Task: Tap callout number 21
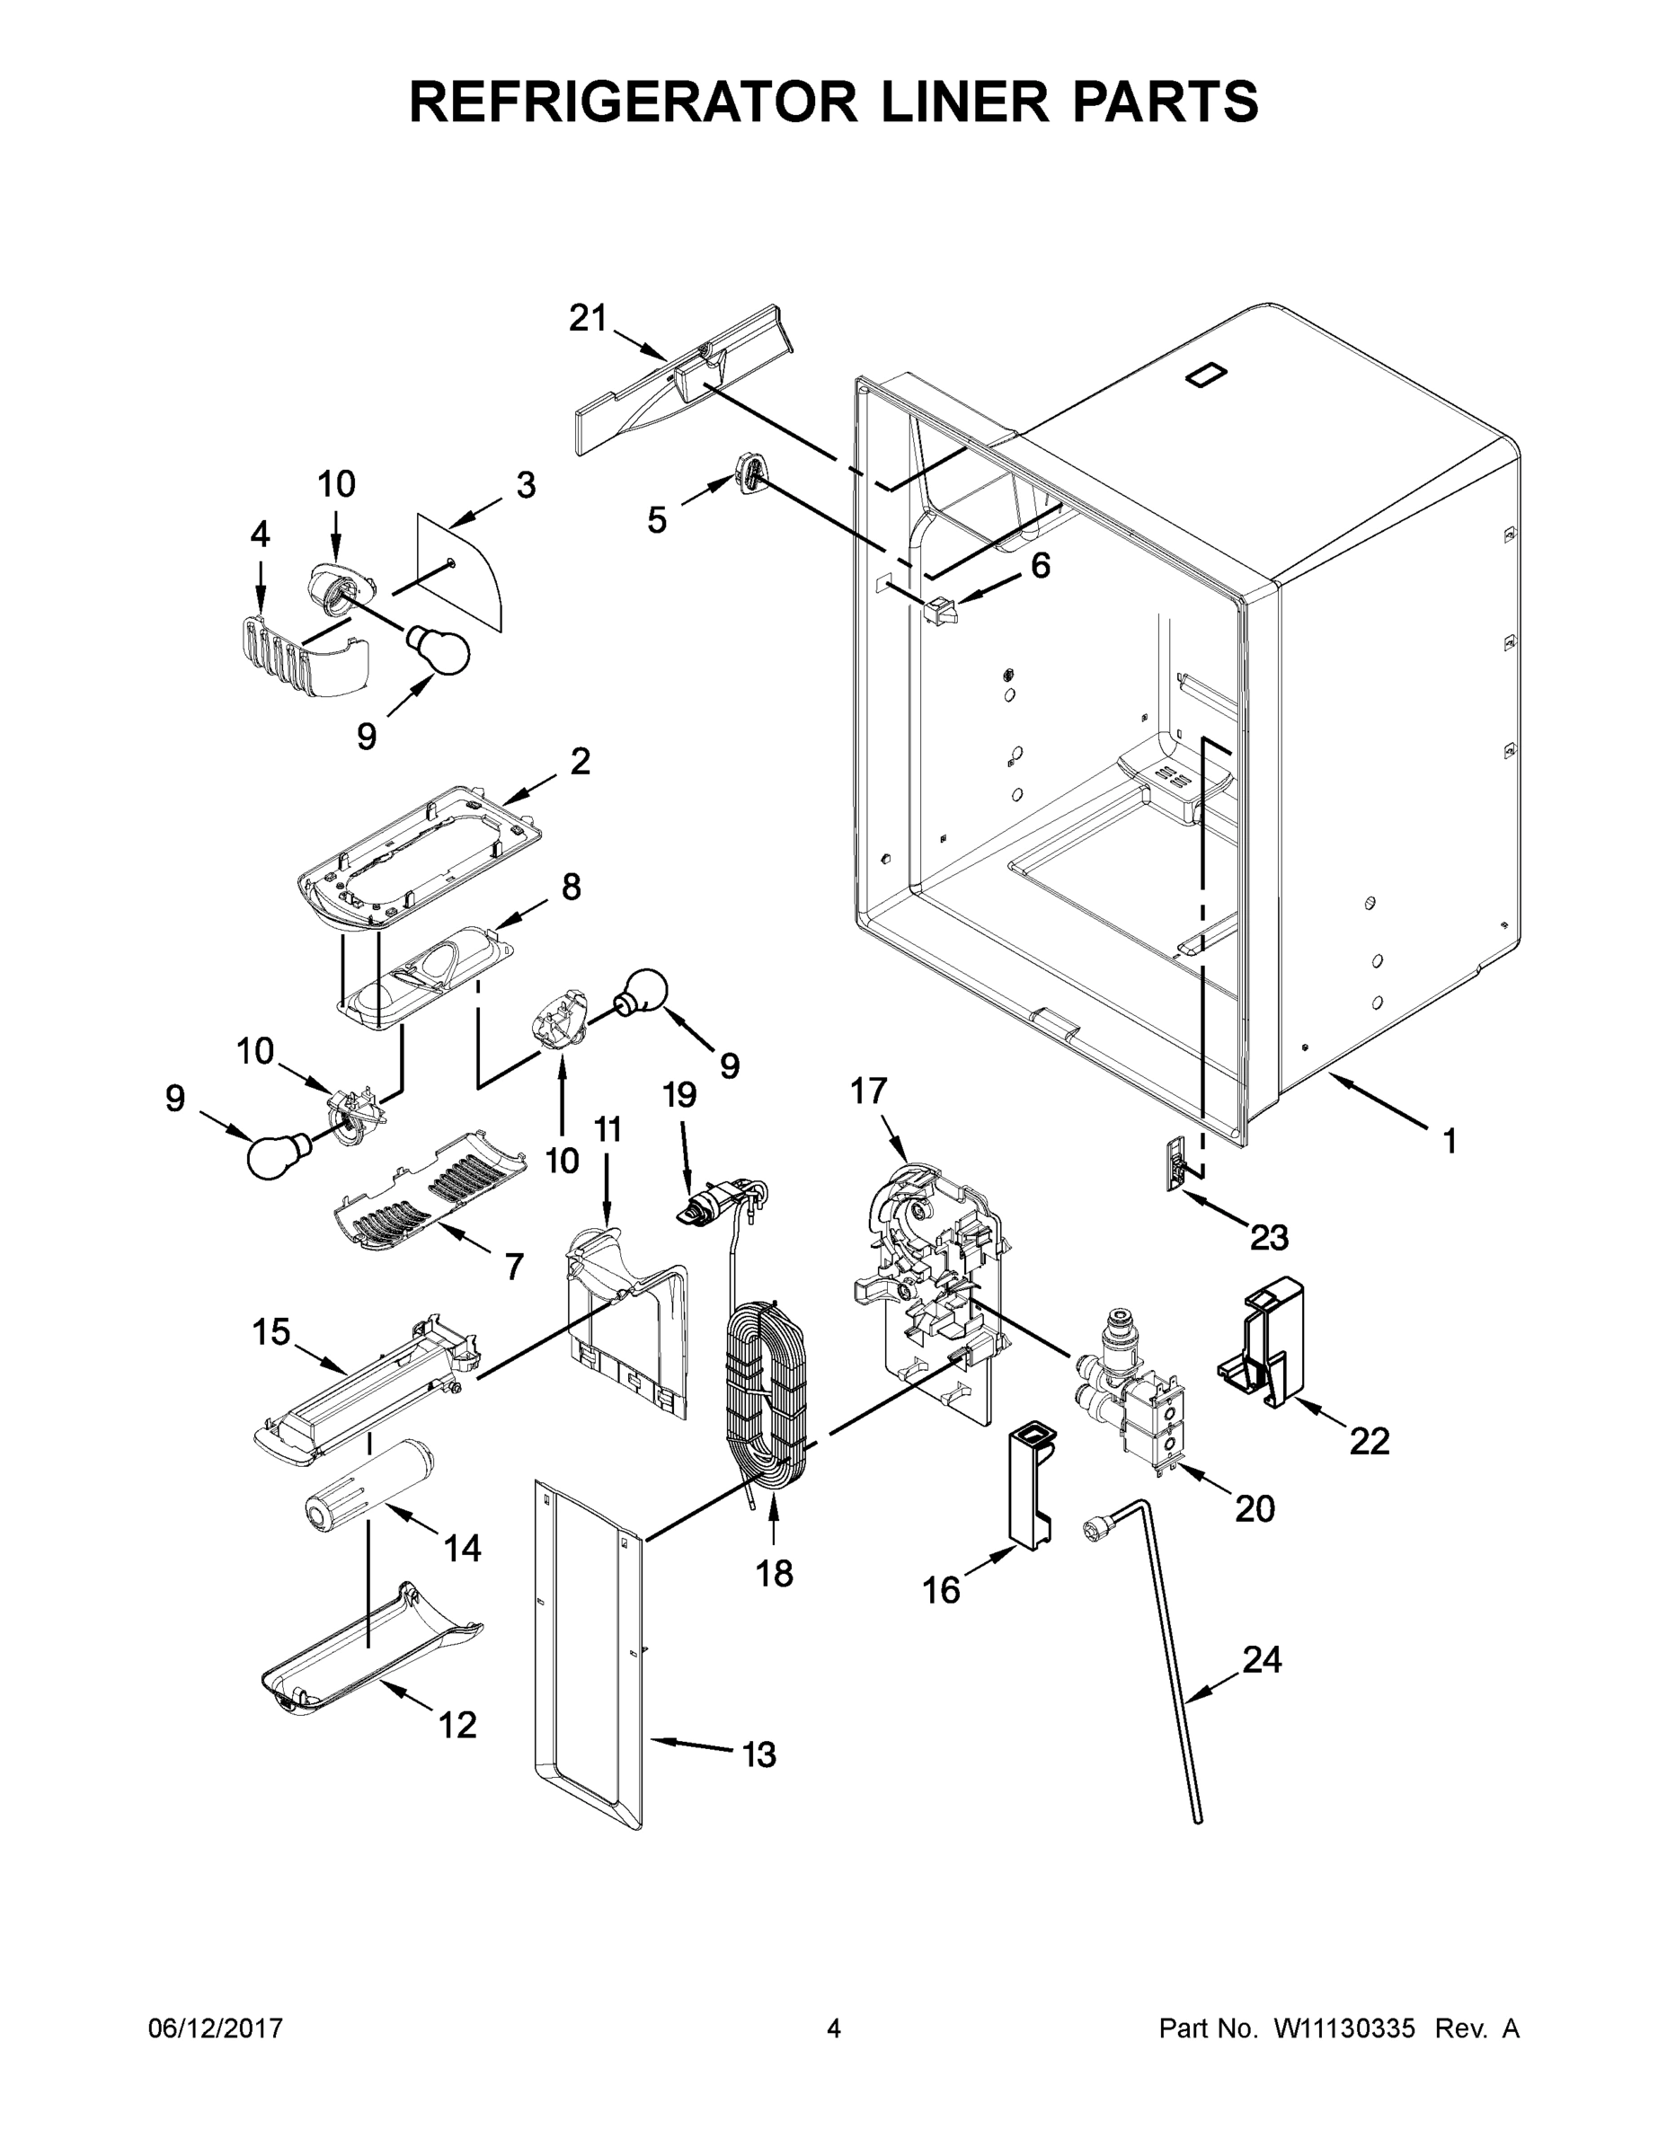coord(588,318)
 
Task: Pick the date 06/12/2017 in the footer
coord(216,2028)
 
